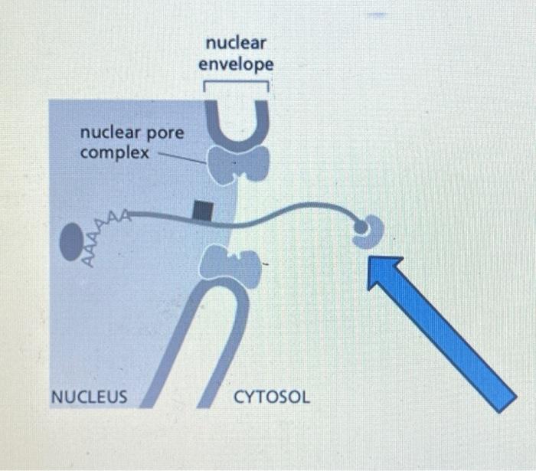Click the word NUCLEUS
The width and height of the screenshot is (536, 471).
coord(89,397)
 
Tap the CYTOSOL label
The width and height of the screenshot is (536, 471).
coord(272,397)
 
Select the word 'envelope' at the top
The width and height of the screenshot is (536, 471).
coord(236,65)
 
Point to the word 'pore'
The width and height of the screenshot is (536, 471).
coord(165,133)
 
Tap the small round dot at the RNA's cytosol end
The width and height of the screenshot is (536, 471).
coord(359,225)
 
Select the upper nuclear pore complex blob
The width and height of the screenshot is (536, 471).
coord(238,164)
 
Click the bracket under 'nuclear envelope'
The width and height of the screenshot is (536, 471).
coord(236,84)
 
